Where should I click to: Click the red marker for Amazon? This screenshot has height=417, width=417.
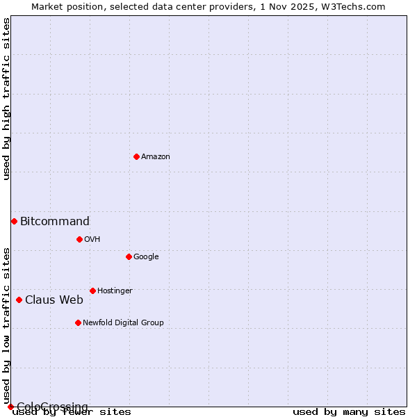click(x=136, y=156)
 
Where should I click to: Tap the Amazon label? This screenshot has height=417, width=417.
click(x=156, y=157)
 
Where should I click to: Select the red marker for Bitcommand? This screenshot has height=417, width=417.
click(x=14, y=221)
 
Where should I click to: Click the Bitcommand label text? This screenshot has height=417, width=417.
click(x=55, y=222)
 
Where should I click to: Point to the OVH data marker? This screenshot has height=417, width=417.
click(x=79, y=239)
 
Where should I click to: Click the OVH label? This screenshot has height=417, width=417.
click(x=92, y=240)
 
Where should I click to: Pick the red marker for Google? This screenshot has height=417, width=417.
click(x=129, y=256)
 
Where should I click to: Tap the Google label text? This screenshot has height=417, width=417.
click(x=146, y=257)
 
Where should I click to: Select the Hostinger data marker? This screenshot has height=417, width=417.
click(x=92, y=291)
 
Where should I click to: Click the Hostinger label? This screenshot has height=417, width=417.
click(x=115, y=291)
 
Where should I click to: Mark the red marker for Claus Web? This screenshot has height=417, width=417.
click(x=19, y=300)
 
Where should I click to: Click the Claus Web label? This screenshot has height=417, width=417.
click(x=54, y=300)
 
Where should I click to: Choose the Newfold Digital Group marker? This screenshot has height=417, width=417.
click(x=78, y=322)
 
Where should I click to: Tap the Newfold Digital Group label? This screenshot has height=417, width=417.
click(x=123, y=323)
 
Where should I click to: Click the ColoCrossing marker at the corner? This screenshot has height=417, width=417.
click(x=10, y=407)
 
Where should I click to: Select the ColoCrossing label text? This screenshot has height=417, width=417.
click(x=52, y=407)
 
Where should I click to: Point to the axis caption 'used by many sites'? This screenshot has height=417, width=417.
click(x=349, y=412)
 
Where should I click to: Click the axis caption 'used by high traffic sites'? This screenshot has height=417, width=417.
click(x=6, y=99)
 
